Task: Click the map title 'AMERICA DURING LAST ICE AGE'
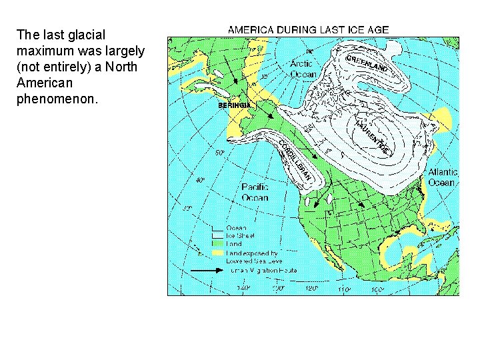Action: pyautogui.click(x=309, y=30)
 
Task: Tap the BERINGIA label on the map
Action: pyautogui.click(x=235, y=105)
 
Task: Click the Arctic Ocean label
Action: pyautogui.click(x=303, y=69)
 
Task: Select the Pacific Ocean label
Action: pyautogui.click(x=255, y=193)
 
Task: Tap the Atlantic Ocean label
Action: pyautogui.click(x=442, y=177)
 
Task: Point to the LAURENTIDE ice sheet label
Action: pyautogui.click(x=371, y=134)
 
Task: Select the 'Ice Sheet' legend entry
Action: pyautogui.click(x=239, y=235)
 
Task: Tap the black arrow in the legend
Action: pyautogui.click(x=207, y=271)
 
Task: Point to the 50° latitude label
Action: pyautogui.click(x=219, y=153)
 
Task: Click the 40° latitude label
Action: pyautogui.click(x=199, y=180)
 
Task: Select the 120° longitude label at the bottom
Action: pyautogui.click(x=310, y=289)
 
